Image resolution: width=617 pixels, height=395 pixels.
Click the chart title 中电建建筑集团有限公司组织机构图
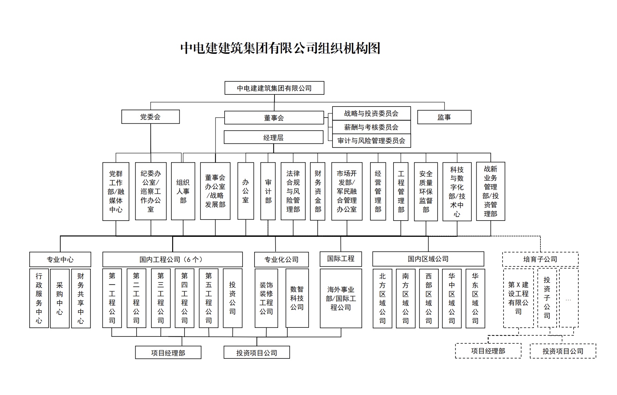(280, 48)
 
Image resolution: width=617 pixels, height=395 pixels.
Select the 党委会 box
(150, 117)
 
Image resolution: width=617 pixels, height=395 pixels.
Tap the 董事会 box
(274, 118)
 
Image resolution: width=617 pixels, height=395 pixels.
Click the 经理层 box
(273, 137)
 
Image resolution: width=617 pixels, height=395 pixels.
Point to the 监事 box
(444, 117)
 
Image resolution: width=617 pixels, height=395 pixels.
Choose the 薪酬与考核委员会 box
(371, 127)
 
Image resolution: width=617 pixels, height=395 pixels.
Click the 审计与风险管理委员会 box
(371, 141)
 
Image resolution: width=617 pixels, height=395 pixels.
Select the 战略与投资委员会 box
(371, 113)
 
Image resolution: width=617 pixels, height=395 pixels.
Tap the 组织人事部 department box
(183, 191)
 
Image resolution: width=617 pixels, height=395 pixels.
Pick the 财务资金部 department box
(318, 191)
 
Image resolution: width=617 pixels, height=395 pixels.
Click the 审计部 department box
(268, 191)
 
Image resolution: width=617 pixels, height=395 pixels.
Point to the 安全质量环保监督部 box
(426, 191)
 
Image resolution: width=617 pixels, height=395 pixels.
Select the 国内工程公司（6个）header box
(172, 260)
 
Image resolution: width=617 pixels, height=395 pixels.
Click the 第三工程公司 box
(161, 298)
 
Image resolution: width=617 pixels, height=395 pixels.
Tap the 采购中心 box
(60, 298)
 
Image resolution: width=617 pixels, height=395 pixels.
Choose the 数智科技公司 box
(297, 298)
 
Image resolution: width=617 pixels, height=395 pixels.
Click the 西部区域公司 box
(429, 298)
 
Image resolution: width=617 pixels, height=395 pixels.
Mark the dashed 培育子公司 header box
(540, 259)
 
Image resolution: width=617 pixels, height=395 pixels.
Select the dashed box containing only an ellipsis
(568, 298)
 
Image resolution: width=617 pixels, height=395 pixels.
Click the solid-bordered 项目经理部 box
(168, 353)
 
